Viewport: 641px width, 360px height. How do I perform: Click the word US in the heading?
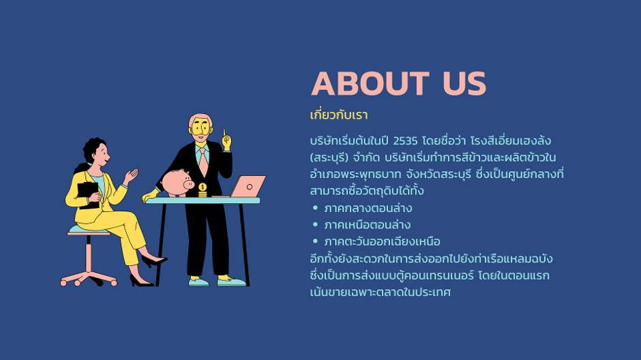pos(464,84)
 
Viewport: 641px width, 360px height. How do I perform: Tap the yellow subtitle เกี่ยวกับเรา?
pos(339,115)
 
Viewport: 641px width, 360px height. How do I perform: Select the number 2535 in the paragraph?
pos(405,141)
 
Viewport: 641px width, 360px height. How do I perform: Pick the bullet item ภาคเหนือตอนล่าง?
pos(367,225)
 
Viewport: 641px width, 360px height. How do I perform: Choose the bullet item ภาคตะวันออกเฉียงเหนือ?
pos(383,241)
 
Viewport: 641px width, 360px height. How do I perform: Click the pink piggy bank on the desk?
pos(177,183)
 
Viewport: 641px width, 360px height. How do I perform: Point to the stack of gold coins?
pos(203,190)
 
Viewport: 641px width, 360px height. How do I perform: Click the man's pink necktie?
pos(203,162)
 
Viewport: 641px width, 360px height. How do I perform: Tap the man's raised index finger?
pos(224,133)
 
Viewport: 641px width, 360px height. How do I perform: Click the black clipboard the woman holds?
pos(89,195)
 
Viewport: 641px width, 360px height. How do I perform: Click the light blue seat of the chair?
pos(88,230)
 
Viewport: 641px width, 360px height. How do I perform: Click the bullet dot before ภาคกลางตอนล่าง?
pos(315,208)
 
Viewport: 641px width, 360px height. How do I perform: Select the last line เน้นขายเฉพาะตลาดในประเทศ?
pos(381,292)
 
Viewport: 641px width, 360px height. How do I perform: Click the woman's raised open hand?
pos(132,176)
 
